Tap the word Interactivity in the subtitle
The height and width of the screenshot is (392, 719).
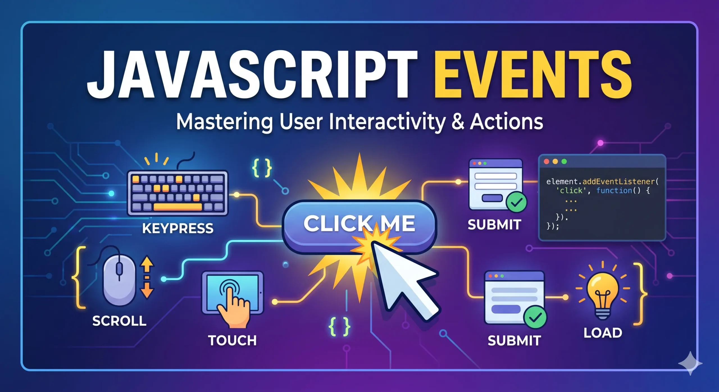click(x=387, y=122)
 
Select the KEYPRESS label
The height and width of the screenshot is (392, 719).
click(x=178, y=228)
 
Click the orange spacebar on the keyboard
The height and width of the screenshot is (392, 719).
click(x=178, y=207)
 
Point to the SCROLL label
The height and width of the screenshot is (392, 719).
click(x=119, y=321)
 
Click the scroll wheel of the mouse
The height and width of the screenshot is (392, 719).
click(x=119, y=269)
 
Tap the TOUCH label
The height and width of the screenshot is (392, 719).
click(x=232, y=340)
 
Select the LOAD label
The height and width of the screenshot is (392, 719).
click(x=603, y=333)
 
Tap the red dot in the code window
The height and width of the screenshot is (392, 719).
click(x=547, y=161)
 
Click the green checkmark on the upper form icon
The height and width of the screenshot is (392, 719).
click(x=516, y=202)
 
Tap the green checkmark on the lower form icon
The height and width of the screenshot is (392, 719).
click(x=535, y=317)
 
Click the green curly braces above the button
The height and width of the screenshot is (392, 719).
click(x=262, y=168)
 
